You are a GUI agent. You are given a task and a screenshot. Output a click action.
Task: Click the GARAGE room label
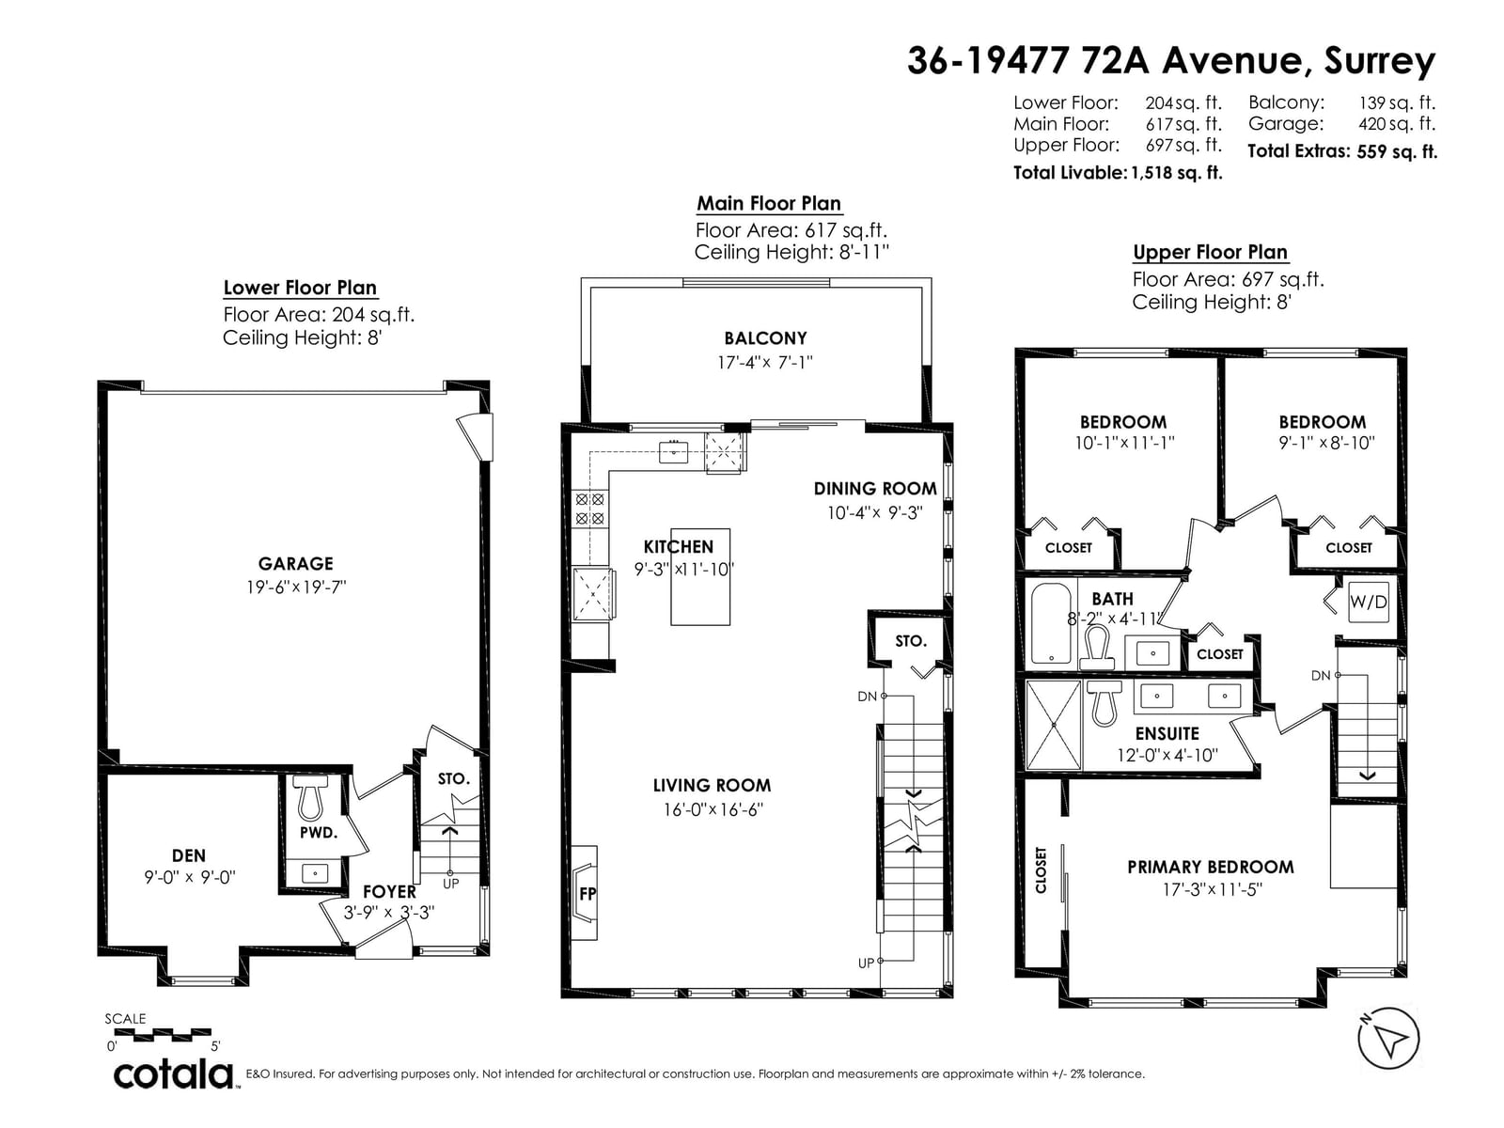pyautogui.click(x=295, y=564)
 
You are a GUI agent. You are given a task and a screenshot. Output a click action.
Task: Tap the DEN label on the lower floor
pyautogui.click(x=188, y=855)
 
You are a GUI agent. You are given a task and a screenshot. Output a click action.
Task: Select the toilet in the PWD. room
pyautogui.click(x=312, y=797)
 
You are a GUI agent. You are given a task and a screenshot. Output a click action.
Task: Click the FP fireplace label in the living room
pyautogui.click(x=587, y=893)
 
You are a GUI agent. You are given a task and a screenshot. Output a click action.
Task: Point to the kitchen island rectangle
pyautogui.click(x=699, y=576)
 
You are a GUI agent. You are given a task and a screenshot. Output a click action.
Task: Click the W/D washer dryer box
pyautogui.click(x=1368, y=602)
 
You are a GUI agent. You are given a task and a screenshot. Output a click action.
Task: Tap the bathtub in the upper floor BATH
pyautogui.click(x=1050, y=622)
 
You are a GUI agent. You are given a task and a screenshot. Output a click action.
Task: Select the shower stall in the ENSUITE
pyautogui.click(x=1053, y=724)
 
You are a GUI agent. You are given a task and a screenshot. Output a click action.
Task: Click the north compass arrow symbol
pyautogui.click(x=1388, y=1039)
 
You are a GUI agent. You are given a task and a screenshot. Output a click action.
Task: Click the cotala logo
pyautogui.click(x=174, y=1075)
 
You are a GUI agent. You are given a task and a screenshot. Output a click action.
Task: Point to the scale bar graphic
pyautogui.click(x=163, y=1034)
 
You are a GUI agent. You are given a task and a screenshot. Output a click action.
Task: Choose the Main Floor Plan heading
pyautogui.click(x=769, y=203)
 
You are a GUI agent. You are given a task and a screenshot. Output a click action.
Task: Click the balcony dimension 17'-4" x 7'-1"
pyautogui.click(x=764, y=362)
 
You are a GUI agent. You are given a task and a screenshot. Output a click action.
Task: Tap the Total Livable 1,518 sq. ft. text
pyautogui.click(x=1118, y=173)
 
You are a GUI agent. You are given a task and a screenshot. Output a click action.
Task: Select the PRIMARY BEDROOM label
pyautogui.click(x=1211, y=867)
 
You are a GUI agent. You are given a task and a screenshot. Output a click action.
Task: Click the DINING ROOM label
pyautogui.click(x=875, y=488)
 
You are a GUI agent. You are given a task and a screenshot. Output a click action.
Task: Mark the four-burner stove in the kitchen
pyautogui.click(x=589, y=509)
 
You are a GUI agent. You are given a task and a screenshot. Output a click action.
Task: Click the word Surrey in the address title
pyautogui.click(x=1379, y=62)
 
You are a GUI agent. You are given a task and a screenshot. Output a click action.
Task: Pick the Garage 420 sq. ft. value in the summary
pyautogui.click(x=1397, y=124)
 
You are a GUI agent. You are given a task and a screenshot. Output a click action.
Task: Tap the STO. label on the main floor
pyautogui.click(x=911, y=641)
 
